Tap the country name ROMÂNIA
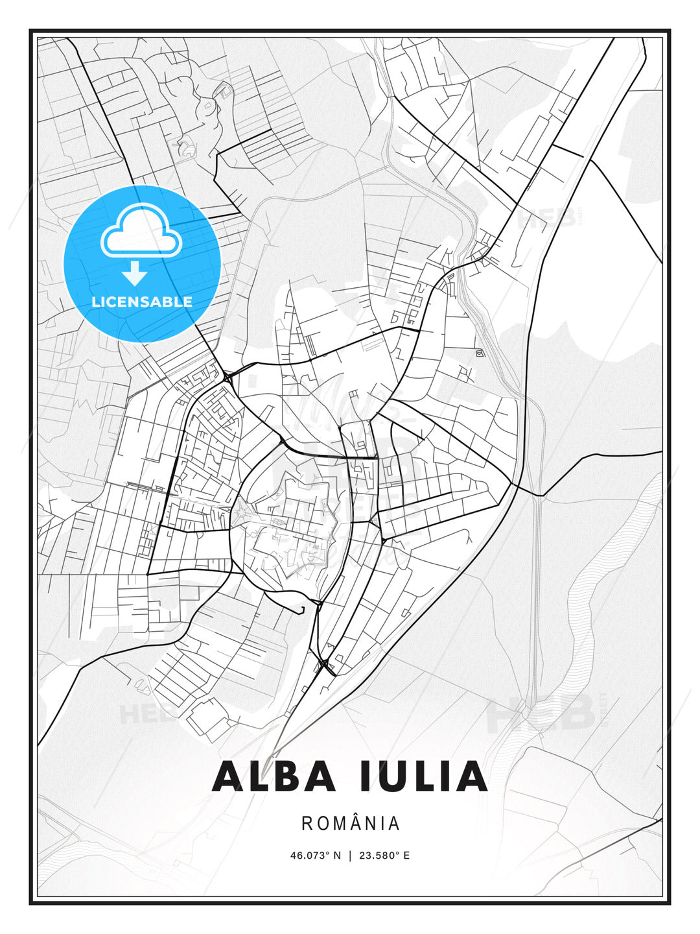pyautogui.click(x=351, y=824)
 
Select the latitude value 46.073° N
pyautogui.click(x=315, y=856)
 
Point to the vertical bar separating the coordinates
pyautogui.click(x=351, y=856)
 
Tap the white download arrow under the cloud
pyautogui.click(x=135, y=274)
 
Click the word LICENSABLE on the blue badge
pyautogui.click(x=142, y=302)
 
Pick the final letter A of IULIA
pyautogui.click(x=472, y=776)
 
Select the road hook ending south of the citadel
pyautogui.click(x=302, y=610)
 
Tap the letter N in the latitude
pyautogui.click(x=337, y=856)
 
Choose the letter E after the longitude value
pyautogui.click(x=406, y=856)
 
